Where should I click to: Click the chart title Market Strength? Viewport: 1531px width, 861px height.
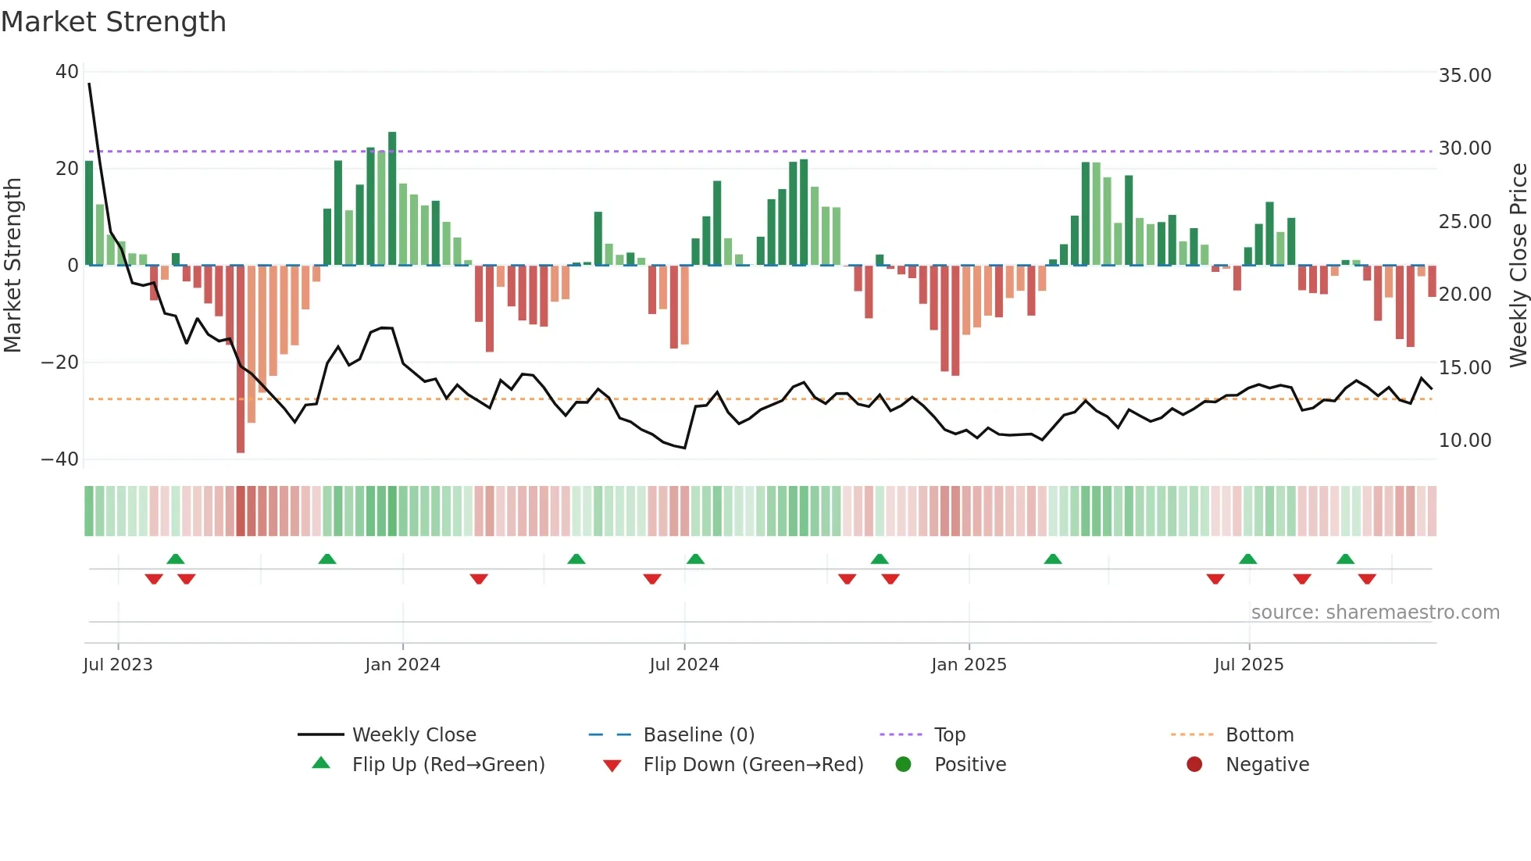[x=114, y=22]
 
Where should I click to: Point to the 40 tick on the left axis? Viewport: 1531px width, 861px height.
[x=67, y=72]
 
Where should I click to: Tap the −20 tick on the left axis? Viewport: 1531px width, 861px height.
[x=60, y=363]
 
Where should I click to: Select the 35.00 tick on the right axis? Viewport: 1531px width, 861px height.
[x=1465, y=76]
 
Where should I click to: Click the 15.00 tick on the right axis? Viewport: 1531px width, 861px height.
[x=1465, y=368]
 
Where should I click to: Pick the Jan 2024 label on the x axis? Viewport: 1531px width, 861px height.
[x=402, y=665]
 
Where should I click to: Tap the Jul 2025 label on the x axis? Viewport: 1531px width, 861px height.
[x=1248, y=665]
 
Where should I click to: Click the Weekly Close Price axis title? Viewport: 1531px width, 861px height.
[x=1518, y=266]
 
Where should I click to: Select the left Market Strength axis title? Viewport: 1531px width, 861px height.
[x=12, y=266]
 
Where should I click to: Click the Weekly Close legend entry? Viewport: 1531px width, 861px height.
[x=413, y=735]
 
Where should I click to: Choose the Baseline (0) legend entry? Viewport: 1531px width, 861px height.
[x=698, y=735]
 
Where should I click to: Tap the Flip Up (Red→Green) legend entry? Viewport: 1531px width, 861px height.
[x=448, y=765]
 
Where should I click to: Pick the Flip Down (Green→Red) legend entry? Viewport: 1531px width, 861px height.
[x=753, y=765]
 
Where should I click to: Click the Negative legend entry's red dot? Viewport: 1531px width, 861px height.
[x=1194, y=765]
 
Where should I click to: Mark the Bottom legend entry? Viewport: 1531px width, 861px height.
[x=1259, y=735]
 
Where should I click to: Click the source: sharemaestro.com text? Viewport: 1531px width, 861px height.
[x=1375, y=613]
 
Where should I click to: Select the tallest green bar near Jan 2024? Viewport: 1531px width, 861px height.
[x=392, y=199]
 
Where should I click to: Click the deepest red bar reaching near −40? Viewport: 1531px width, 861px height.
[x=241, y=359]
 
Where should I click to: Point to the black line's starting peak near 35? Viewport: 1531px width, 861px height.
[x=89, y=84]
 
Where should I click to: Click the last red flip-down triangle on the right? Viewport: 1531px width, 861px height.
[x=1367, y=579]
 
